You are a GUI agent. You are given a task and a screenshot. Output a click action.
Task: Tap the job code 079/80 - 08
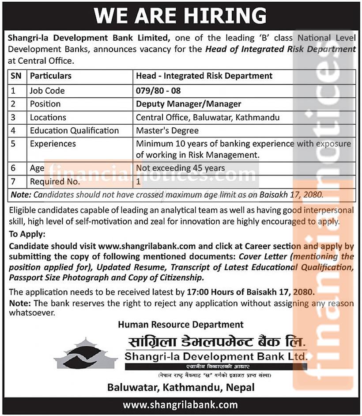[x=158, y=91]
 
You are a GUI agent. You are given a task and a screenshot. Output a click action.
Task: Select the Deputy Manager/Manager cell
[x=189, y=104]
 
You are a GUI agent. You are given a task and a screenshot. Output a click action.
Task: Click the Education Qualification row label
[x=74, y=130]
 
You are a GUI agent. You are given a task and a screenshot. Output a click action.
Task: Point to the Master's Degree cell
[x=167, y=130]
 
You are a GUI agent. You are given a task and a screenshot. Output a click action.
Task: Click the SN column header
[x=16, y=76]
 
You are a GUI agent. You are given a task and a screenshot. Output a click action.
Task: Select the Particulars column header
[x=50, y=76]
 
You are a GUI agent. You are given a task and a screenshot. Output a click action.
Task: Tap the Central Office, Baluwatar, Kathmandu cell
[x=207, y=117]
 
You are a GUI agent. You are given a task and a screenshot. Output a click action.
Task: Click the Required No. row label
[x=55, y=181]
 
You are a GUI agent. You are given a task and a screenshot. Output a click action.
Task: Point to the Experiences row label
[x=53, y=144]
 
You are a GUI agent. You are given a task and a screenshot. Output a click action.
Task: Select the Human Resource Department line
[x=181, y=324]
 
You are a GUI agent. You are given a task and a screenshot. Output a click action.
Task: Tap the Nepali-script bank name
[x=216, y=342]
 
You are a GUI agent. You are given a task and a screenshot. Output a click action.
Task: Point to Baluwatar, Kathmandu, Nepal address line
[x=181, y=387]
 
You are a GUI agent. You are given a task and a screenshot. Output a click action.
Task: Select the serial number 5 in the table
[x=13, y=144]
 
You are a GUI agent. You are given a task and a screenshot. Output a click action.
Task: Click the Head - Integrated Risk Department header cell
[x=204, y=76]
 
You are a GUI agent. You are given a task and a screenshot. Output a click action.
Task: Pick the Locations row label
[x=48, y=117]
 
